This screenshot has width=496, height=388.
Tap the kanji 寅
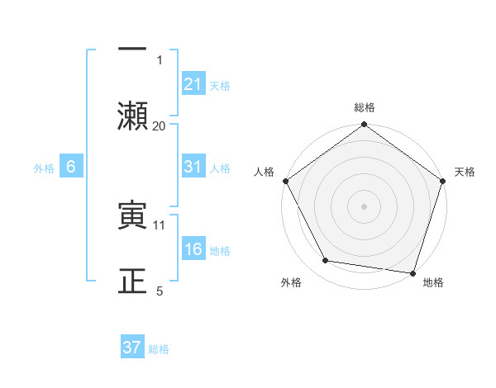[x=132, y=215]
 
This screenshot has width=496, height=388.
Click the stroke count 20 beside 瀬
[x=160, y=125]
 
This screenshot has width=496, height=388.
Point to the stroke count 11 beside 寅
[x=160, y=225]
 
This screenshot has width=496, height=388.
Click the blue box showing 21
[x=193, y=84]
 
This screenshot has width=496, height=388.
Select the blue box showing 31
[x=193, y=167]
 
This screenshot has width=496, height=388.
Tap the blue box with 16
[x=193, y=249]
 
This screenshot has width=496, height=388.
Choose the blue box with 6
[x=71, y=167]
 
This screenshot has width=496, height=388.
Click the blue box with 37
[x=132, y=348]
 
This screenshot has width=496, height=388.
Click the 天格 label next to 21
[x=221, y=85]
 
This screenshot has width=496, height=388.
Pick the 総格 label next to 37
[x=159, y=348]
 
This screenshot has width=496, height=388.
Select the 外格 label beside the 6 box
[x=44, y=168]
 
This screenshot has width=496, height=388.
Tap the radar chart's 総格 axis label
[x=364, y=107]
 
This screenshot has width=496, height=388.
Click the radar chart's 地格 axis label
[x=433, y=282]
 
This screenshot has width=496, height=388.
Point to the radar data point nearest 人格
[x=285, y=181]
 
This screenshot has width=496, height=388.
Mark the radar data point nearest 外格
[x=326, y=261]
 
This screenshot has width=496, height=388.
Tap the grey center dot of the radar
[x=364, y=206]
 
